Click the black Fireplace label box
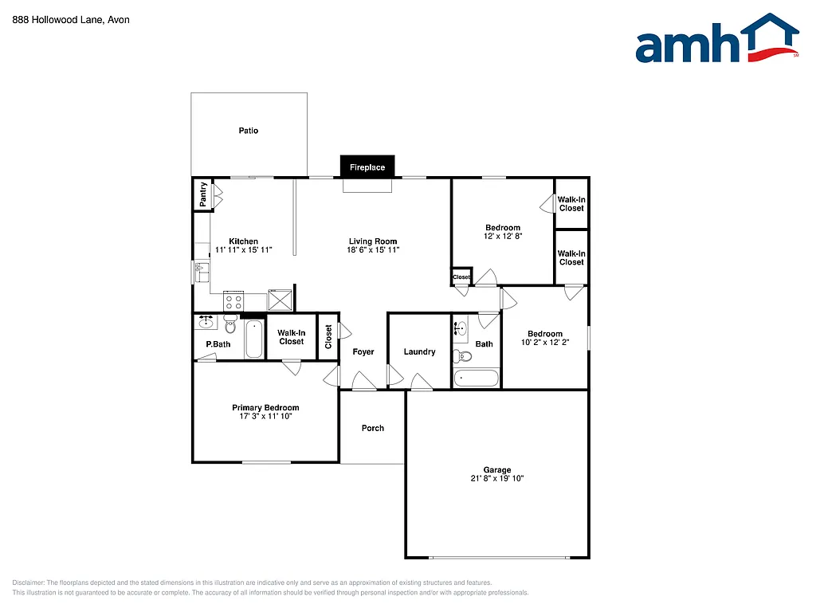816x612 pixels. pos(367,167)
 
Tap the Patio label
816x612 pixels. pos(249,131)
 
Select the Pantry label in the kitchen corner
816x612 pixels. pos(203,194)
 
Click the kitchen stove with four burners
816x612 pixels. pos(233,301)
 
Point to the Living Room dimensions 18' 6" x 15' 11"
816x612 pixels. pos(373,250)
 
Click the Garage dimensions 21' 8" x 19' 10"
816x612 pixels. pos(496,479)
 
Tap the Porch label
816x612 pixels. pos(373,428)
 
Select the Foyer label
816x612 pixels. pos(363,351)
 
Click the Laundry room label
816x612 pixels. pos(419,351)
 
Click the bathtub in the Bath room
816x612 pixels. pos(476,378)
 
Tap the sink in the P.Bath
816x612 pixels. pos(206,322)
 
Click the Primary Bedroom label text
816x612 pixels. pos(265,407)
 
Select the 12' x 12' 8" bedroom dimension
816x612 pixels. pos(503,237)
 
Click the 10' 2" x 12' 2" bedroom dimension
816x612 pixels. pos(544,343)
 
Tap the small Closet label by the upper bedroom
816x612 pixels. pos(461,277)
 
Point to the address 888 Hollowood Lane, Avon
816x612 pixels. pos(72,20)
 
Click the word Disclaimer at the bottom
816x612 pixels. pos(30,583)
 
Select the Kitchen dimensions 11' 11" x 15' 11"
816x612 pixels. pos(244,250)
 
